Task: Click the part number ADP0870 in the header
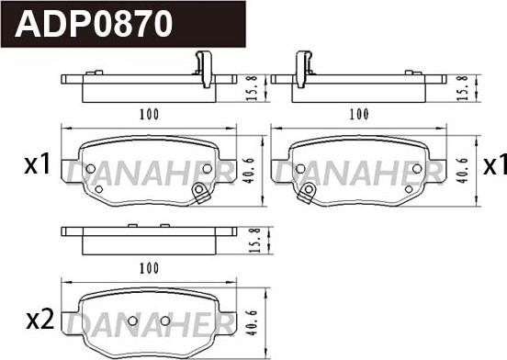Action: click(94, 24)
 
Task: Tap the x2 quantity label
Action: click(39, 321)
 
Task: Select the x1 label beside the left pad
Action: click(38, 164)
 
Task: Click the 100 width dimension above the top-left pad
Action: click(149, 114)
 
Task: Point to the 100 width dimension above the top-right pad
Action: click(359, 114)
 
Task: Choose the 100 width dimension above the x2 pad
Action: click(149, 268)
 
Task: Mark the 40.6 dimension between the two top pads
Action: click(249, 170)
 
